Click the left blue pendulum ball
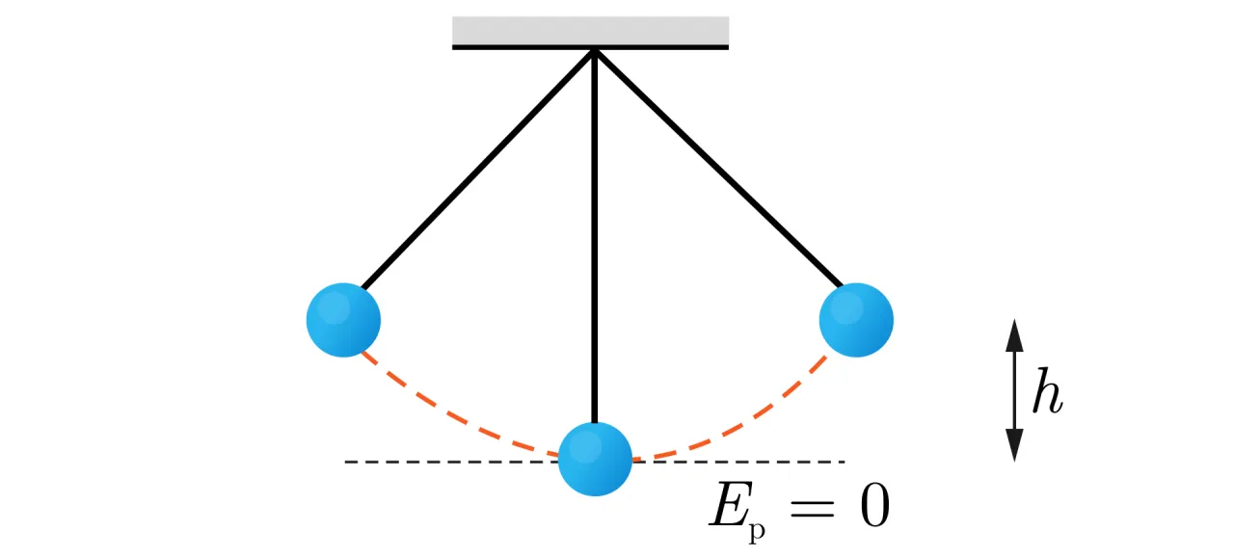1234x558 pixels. click(343, 320)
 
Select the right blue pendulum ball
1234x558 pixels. click(856, 320)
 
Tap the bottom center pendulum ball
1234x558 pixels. click(595, 459)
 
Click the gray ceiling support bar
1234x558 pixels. click(590, 31)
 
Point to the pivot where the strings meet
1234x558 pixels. click(594, 50)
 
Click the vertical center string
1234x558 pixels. click(595, 241)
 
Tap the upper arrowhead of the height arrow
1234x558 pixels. click(1013, 334)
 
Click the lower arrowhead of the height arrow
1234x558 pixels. click(1013, 445)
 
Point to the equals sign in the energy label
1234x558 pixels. click(811, 508)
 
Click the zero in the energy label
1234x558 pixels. click(873, 507)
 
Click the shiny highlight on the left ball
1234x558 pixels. click(333, 307)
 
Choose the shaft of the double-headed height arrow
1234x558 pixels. click(1013, 390)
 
